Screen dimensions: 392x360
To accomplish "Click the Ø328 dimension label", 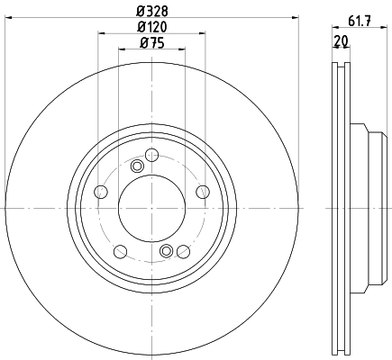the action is [x=152, y=12].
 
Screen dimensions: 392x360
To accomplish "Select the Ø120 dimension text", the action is [x=152, y=27].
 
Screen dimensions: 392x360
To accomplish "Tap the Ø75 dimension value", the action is [x=152, y=44].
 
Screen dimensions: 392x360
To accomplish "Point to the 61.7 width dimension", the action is [x=360, y=21].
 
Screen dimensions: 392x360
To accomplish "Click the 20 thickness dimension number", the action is [x=341, y=40].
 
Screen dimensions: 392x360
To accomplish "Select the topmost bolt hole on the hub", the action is [x=151, y=155].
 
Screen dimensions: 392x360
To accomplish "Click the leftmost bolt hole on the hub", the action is [x=101, y=192].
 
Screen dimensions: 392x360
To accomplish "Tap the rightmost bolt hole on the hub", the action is [x=203, y=192].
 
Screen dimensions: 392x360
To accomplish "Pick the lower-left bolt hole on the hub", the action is [x=121, y=251].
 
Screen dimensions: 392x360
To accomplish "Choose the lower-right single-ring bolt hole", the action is [x=183, y=251].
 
